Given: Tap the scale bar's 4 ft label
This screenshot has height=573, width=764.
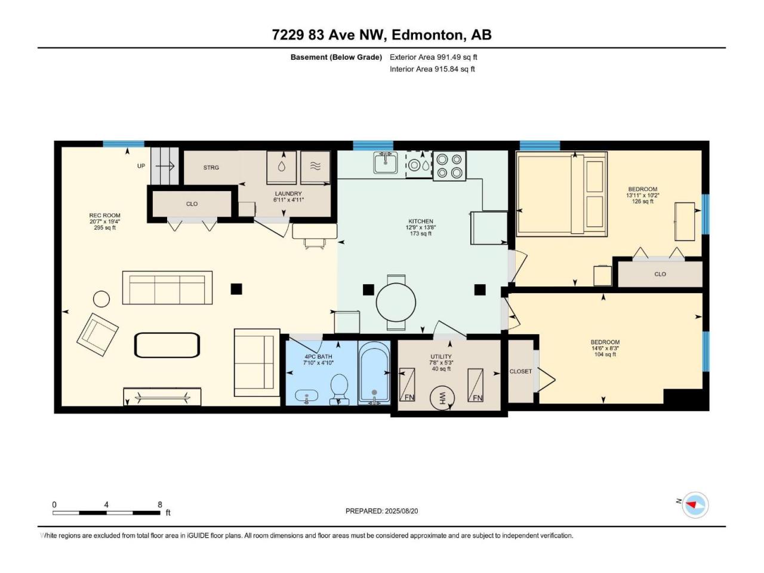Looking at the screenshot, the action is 106,504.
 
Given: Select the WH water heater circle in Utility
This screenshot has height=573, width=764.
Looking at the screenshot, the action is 442,398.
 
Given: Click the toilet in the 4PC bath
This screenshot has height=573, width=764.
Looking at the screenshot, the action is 339,389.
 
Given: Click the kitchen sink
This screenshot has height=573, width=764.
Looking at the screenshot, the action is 386,162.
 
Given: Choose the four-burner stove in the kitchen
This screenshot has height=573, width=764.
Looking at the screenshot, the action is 449,165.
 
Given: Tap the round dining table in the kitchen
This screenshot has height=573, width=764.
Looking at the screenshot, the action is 396,302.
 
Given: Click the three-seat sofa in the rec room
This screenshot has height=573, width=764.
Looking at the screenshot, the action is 167,288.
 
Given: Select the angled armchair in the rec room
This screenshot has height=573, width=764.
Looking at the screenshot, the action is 97,334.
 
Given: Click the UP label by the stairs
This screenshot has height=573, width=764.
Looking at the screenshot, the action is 141,166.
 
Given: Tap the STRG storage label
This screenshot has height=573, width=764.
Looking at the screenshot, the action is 211,168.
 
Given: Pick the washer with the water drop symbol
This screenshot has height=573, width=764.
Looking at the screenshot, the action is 282,167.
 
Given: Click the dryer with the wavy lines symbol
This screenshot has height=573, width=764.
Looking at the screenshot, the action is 315,167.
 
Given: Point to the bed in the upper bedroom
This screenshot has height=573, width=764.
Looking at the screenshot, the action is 562,194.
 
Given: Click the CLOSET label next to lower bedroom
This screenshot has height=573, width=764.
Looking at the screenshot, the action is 520,372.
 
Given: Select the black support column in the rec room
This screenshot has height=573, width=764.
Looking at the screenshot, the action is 236,289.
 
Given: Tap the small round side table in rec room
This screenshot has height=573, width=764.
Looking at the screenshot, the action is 101,299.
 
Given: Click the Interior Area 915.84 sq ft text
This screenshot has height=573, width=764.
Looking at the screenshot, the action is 432,69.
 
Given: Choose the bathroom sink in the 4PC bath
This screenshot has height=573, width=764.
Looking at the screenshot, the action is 307,396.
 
